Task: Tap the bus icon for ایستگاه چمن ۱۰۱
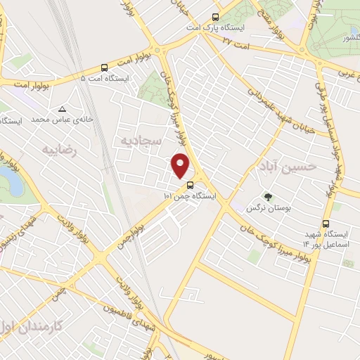tap(189, 186)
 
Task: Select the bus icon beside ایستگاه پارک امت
tap(215, 17)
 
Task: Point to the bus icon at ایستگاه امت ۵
tap(105, 68)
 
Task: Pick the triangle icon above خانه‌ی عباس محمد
tap(63, 109)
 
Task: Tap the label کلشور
tap(333, 37)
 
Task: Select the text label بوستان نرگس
tap(266, 208)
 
